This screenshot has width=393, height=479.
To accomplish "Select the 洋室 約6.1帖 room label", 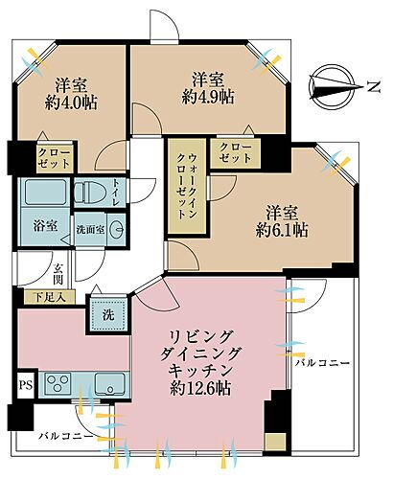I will (279, 220).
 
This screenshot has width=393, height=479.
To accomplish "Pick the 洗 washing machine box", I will (103, 313).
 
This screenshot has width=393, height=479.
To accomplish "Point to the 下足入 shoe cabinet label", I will (45, 297).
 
